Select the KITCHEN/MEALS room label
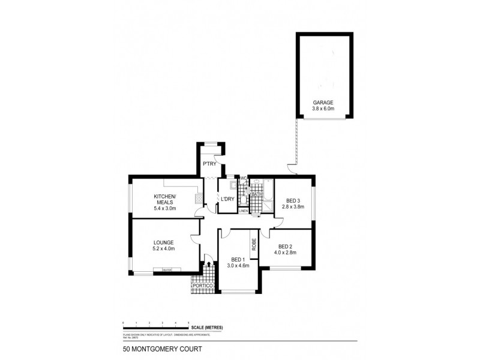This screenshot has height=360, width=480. [x=164, y=200]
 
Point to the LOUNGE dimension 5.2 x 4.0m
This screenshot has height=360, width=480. [x=164, y=248]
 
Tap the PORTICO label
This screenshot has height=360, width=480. [x=202, y=286]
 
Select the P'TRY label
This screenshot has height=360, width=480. [x=209, y=164]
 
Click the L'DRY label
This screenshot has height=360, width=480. [x=227, y=199]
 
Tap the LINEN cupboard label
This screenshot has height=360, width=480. [x=243, y=211]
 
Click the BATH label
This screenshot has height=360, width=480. [x=257, y=194]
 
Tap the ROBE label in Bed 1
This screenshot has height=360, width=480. [x=254, y=245]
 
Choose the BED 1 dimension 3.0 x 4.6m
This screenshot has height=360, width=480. [x=238, y=265]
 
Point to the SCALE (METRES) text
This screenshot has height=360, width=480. [x=207, y=327]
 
